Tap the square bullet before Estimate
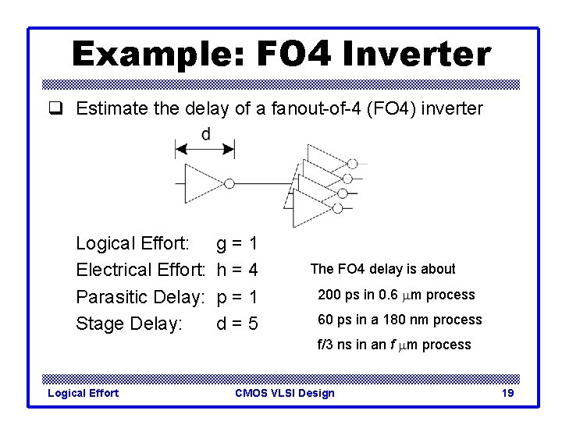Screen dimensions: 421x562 click(62, 109)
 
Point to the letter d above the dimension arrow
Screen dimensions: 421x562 click(205, 135)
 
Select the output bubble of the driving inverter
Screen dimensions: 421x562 click(229, 183)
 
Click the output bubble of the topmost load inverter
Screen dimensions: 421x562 click(352, 164)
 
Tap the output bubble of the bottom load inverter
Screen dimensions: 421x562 click(338, 208)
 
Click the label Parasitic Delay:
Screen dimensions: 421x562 click(140, 297)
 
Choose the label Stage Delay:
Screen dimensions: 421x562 click(129, 324)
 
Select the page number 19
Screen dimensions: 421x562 click(507, 393)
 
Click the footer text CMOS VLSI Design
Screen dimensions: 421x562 click(284, 393)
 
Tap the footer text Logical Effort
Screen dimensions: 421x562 click(84, 393)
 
